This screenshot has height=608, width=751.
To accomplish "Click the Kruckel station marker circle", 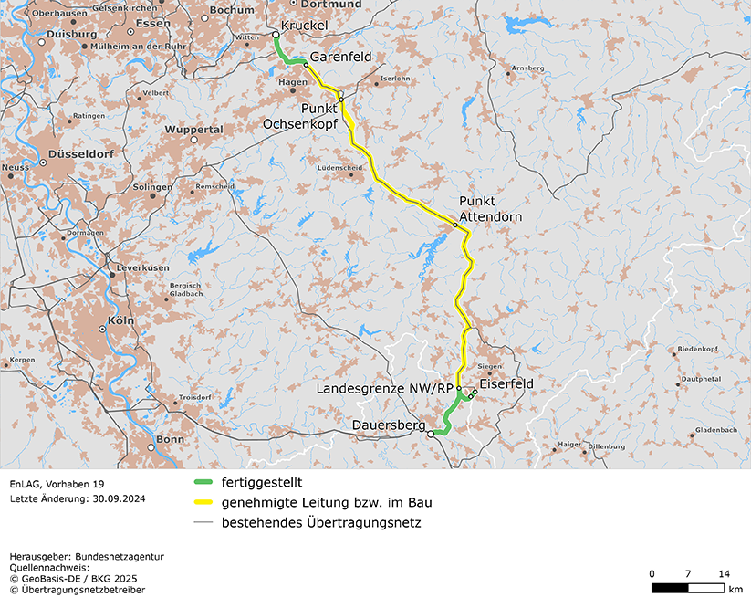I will coord(276,35).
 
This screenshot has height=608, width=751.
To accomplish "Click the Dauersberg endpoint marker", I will coord(431,435).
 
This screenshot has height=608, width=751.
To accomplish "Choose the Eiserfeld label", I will coord(506,384).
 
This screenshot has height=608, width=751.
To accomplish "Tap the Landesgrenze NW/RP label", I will coord(384,388).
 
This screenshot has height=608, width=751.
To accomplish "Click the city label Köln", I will coord(120,321).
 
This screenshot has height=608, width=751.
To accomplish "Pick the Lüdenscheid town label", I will coord(339,169).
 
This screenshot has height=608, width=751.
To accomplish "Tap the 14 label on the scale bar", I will coord(724,573).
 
